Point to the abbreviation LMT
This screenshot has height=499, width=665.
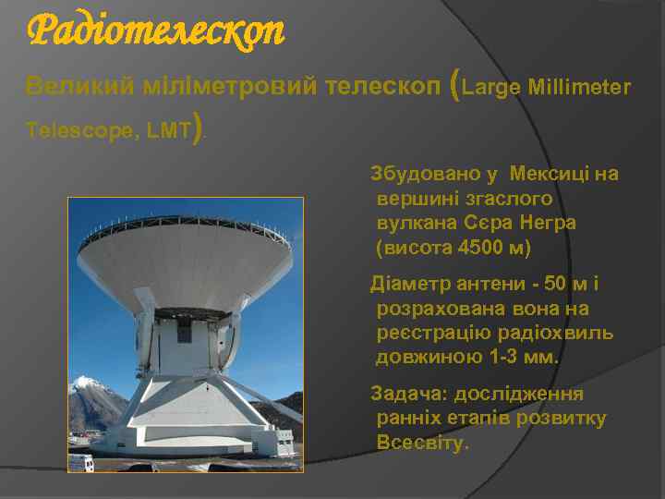coord(168,131)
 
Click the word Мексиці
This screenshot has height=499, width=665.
coord(546,174)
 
